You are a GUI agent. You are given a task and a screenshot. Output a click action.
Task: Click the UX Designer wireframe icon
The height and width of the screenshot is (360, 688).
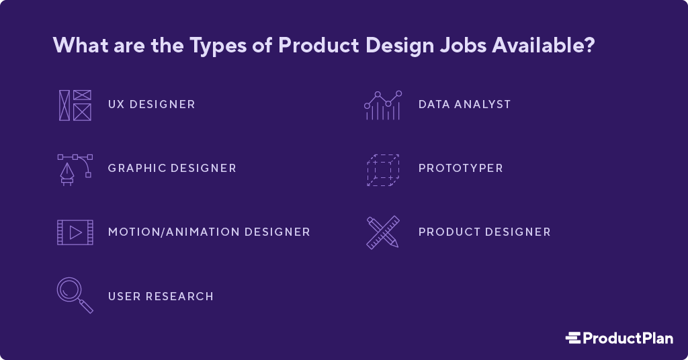pos(75,105)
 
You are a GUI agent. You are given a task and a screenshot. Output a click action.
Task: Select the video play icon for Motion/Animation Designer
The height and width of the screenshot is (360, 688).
pos(75,232)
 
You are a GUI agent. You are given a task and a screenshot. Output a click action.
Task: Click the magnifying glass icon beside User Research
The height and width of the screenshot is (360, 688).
pos(75,296)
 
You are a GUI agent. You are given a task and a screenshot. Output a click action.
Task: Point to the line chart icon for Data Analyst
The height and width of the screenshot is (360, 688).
pos(383,105)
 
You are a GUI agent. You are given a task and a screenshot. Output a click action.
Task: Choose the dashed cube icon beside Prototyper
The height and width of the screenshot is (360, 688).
pos(383,169)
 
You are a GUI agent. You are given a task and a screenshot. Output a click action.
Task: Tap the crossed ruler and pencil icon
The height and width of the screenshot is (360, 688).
pos(383,232)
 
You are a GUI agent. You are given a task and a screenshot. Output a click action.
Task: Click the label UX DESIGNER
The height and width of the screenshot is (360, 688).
pos(152,105)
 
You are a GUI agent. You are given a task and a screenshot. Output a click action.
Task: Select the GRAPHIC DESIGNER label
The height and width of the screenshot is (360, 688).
pos(172,169)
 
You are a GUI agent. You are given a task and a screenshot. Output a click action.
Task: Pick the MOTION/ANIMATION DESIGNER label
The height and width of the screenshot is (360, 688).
pos(209,232)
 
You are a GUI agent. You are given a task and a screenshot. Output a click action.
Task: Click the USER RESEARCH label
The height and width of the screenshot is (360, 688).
pos(161,296)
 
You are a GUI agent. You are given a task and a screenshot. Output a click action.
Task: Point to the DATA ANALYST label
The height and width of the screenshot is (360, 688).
pos(464,105)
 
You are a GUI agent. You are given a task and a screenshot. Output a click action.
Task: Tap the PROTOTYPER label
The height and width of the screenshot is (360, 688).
pos(460,169)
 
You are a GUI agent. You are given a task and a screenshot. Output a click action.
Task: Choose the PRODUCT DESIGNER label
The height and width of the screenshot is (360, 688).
pos(484,232)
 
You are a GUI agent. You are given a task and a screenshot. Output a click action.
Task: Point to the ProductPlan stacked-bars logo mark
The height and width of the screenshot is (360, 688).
pos(572,338)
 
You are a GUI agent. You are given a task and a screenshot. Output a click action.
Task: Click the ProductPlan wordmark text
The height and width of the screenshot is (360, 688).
pos(628,338)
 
